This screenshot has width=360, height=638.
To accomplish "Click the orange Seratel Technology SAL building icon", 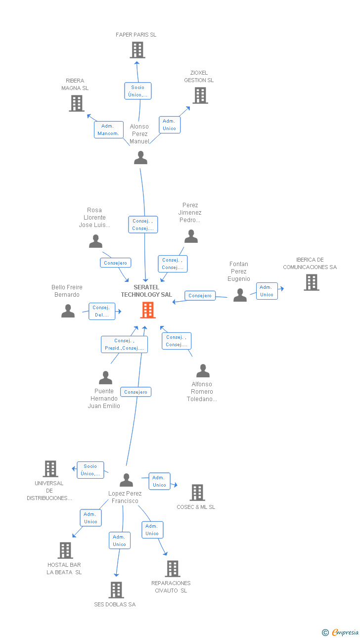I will pos(148,310).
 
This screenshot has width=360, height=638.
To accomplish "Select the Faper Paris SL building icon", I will pos(137,50).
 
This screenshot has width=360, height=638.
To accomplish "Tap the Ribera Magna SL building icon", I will pos(76,103).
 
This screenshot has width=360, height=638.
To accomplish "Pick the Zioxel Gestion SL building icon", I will pos(200,95).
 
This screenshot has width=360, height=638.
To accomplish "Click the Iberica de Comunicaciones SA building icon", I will pos(311,282).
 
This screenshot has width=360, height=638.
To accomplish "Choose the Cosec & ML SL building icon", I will pos(197,493).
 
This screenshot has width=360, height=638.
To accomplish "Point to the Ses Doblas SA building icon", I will pos(116,590).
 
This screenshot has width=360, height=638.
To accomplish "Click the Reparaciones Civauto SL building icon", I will pos(172,569).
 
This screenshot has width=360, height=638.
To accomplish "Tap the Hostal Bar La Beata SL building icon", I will pos(65,550).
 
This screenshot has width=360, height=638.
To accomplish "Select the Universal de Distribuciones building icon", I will pos(50,468).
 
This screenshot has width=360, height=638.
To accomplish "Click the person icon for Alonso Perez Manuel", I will pos(141,158).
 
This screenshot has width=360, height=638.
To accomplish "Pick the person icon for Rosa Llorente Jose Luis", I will pos(95,241).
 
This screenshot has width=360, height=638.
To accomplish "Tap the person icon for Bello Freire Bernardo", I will pos(68,311).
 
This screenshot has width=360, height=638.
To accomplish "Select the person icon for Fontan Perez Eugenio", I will pos(240,295).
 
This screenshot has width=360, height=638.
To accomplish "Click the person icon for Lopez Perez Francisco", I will pos(126,480).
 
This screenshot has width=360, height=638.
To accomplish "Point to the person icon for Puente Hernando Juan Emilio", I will pos(105,378).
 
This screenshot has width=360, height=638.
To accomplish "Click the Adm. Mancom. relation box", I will pos(108,130).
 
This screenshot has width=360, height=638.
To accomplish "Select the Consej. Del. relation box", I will pos(102,311).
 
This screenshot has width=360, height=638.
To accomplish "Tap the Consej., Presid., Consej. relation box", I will pos(124,344).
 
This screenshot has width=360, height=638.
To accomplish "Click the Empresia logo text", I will pos(345,632).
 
